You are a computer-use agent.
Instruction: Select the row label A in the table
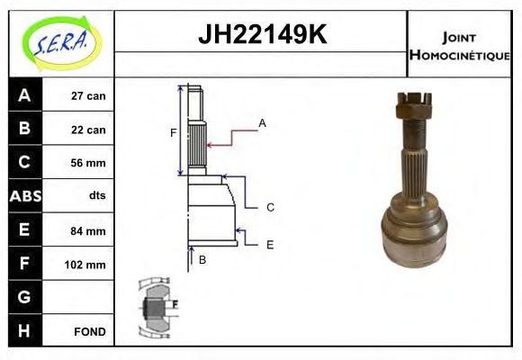point(23,95)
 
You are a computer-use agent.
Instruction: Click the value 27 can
point(89,95)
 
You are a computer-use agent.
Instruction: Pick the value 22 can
point(89,130)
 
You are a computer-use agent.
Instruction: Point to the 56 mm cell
point(89,163)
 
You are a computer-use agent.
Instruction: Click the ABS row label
point(23,196)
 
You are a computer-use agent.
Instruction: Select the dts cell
point(96,196)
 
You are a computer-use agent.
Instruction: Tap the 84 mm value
point(89,230)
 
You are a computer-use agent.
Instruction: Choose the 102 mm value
point(87,265)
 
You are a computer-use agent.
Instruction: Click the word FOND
point(89,331)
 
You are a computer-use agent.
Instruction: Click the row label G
point(23,297)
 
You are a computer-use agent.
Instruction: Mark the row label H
point(23,330)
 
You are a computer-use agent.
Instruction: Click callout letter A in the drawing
point(263,122)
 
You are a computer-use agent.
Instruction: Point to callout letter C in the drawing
point(269,207)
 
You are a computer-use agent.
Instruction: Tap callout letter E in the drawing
point(269,244)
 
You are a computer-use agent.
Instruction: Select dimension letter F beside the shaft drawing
point(173,133)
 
